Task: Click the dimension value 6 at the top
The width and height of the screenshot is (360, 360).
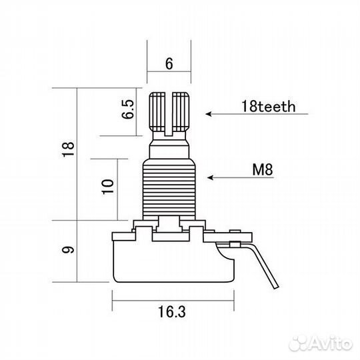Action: coord(169,63)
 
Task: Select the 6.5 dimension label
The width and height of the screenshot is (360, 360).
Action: coord(127,109)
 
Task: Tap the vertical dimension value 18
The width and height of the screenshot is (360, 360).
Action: coord(68,149)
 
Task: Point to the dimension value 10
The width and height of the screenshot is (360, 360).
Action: coord(108,187)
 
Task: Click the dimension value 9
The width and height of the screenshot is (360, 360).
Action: coord(68,249)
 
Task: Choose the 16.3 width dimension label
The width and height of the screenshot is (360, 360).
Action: coord(172,312)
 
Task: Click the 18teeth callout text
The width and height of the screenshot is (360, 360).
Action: coord(268,106)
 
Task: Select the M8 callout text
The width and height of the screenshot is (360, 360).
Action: coord(263,169)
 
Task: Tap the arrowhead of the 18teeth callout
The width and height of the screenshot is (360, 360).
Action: coord(209,114)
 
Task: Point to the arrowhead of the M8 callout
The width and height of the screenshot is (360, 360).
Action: coord(210,177)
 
